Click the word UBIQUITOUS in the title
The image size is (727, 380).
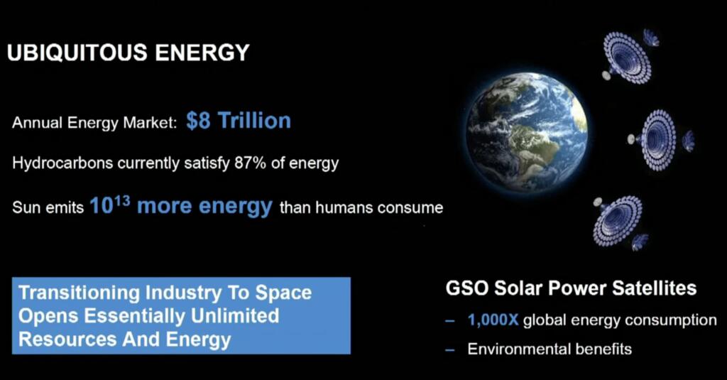77,53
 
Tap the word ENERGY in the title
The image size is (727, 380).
202,52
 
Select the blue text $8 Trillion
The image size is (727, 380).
239,120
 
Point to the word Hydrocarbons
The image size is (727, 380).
62,163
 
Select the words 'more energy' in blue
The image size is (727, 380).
204,206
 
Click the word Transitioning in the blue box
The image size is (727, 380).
79,293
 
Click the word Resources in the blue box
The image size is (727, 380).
67,339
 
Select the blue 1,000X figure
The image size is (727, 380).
493,320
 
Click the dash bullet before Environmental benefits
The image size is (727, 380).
449,349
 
